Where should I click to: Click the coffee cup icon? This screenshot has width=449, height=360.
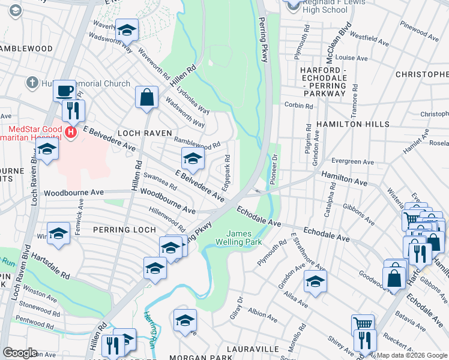coord(64,91)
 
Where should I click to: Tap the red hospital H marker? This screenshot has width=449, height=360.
coord(71,132)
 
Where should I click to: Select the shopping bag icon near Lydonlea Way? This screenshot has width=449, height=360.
coord(146,97)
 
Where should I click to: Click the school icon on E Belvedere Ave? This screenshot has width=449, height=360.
coord(192,158)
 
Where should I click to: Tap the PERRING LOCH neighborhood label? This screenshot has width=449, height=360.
coord(124,229)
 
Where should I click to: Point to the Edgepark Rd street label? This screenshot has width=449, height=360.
coord(228,170)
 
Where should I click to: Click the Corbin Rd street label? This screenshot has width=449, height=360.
coord(299,106)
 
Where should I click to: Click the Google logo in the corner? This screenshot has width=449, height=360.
coord(20,353)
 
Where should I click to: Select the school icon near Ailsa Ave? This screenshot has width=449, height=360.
coord(315,281)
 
